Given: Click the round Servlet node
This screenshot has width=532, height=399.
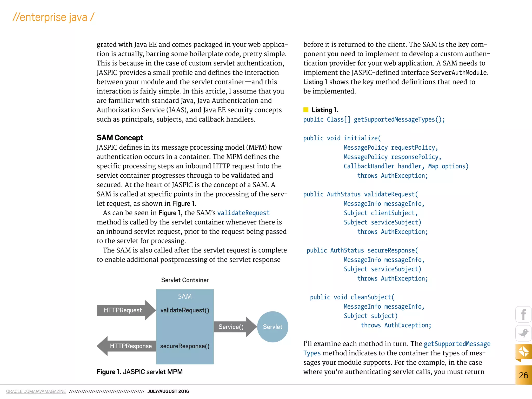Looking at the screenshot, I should pyautogui.click(x=272, y=327).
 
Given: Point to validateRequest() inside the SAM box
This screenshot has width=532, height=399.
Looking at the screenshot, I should pyautogui.click(x=185, y=310).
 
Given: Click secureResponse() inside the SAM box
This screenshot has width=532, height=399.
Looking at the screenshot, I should pyautogui.click(x=185, y=346).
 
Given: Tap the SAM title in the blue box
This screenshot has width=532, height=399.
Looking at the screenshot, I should pyautogui.click(x=185, y=296).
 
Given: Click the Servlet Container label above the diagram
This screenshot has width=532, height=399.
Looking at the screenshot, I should pyautogui.click(x=185, y=280).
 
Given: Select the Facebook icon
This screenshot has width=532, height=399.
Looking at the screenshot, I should pyautogui.click(x=523, y=314).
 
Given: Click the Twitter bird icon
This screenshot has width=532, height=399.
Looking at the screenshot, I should pyautogui.click(x=523, y=333).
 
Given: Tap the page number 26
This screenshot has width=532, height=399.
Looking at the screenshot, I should pyautogui.click(x=523, y=375).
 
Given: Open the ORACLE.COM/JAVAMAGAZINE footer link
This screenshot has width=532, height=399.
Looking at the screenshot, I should pyautogui.click(x=36, y=391).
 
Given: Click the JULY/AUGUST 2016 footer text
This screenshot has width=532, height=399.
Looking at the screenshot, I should pyautogui.click(x=168, y=391).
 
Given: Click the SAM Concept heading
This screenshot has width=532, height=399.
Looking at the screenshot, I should pyautogui.click(x=120, y=138).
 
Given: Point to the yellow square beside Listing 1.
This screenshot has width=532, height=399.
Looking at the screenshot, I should pyautogui.click(x=306, y=110).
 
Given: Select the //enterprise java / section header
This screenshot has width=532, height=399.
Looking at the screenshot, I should pyautogui.click(x=53, y=17).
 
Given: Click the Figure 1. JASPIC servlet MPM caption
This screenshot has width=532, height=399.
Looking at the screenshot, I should pyautogui.click(x=139, y=372).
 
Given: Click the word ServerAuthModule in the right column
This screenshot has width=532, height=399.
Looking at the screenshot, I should pyautogui.click(x=458, y=72).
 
